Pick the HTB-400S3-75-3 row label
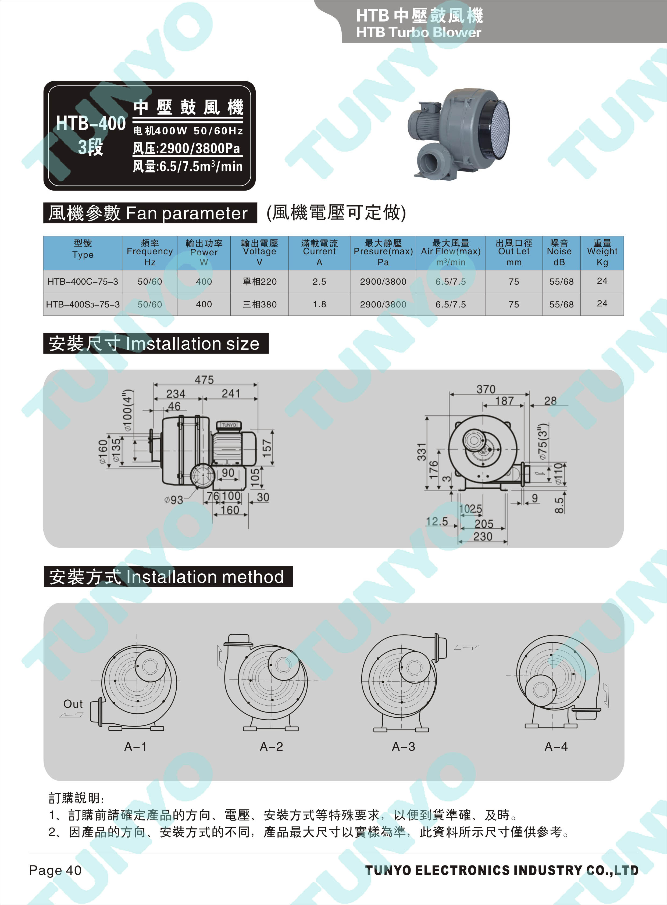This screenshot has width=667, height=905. coord(83,304)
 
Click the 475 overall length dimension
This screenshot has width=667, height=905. coord(204,380)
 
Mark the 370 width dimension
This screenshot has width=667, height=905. coord(486,389)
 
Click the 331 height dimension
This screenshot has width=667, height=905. coord(422,452)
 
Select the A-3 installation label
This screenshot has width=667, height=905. coord(403,746)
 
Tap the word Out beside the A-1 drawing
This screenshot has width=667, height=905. coord(73,704)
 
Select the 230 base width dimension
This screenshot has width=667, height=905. coord(483,536)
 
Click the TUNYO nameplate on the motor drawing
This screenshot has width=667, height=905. coord(229,425)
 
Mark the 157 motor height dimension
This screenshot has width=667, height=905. coord(267,448)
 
